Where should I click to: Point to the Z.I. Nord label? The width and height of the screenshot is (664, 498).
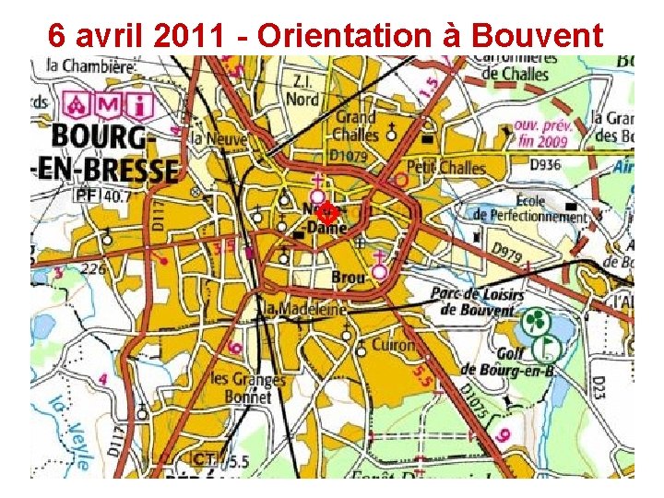(302, 90)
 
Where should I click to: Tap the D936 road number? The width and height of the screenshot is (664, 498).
(545, 165)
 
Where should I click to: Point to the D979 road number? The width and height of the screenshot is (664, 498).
(506, 250)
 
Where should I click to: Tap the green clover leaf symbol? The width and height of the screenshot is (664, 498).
(534, 323)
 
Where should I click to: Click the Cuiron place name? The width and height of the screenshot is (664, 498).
(393, 345)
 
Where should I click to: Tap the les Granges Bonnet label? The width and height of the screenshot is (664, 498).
(242, 387)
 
